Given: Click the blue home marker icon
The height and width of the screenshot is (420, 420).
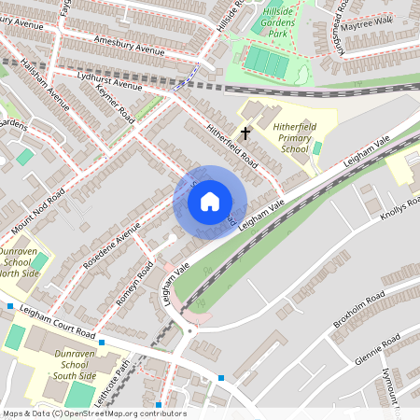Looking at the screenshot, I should coord(210,202).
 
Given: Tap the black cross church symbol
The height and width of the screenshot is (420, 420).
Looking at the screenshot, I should coord(246,133).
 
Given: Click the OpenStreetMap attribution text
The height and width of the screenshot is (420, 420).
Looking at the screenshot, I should coord(93,413).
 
